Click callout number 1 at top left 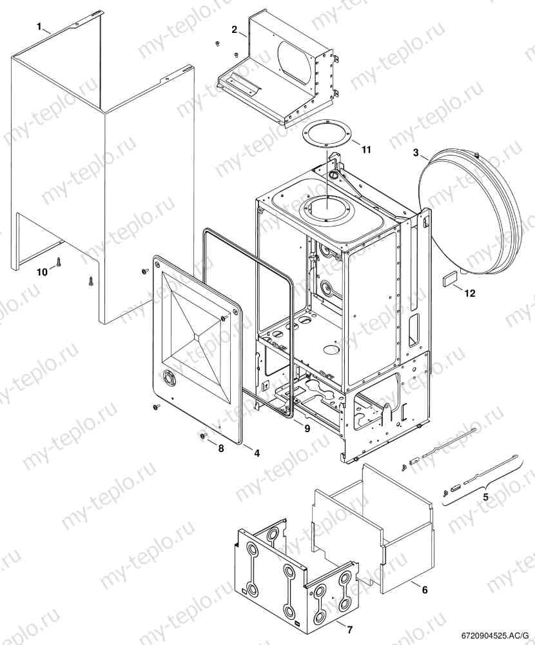click(x=39, y=26)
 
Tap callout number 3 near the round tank click(x=416, y=153)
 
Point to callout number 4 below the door click(x=257, y=453)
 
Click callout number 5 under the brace click(x=486, y=498)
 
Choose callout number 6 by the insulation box click(x=424, y=590)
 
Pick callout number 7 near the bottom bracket click(x=350, y=628)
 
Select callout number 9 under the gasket click(x=307, y=428)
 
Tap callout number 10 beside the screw click(x=42, y=272)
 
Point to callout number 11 click(x=366, y=150)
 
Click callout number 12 click(x=469, y=293)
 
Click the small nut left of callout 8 click(x=202, y=437)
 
